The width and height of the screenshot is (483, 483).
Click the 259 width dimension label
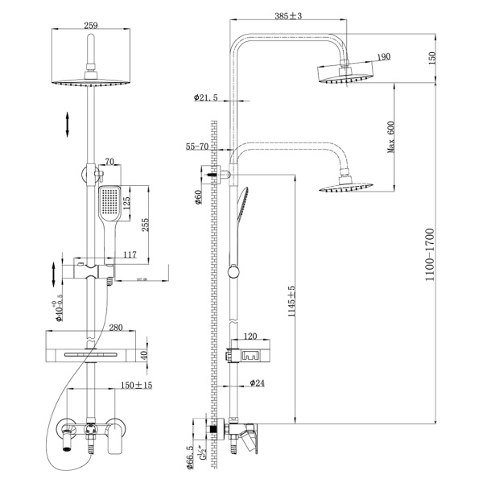(90, 26)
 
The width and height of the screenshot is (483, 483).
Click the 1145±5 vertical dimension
(291, 300)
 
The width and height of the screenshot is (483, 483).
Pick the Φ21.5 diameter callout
(206, 98)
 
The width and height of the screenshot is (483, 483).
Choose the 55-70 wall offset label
(197, 147)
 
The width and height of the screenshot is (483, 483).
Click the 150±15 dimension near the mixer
(137, 386)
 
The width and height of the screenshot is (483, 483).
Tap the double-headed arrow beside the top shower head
(68, 126)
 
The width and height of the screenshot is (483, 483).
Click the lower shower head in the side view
(345, 188)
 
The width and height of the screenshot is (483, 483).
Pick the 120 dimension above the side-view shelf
(250, 336)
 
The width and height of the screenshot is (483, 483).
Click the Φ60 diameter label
(199, 199)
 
